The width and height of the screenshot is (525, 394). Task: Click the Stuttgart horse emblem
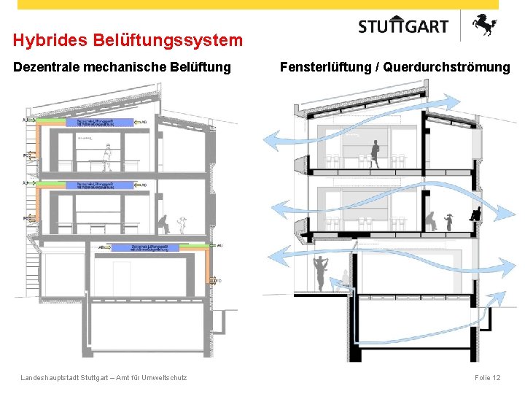(x=483, y=26)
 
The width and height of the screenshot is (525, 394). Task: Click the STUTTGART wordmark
(x=403, y=26)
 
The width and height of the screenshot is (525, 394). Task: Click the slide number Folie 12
(x=487, y=377)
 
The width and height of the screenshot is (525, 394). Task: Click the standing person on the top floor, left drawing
(x=107, y=157)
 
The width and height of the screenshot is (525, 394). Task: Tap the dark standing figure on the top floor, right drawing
(x=376, y=153)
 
